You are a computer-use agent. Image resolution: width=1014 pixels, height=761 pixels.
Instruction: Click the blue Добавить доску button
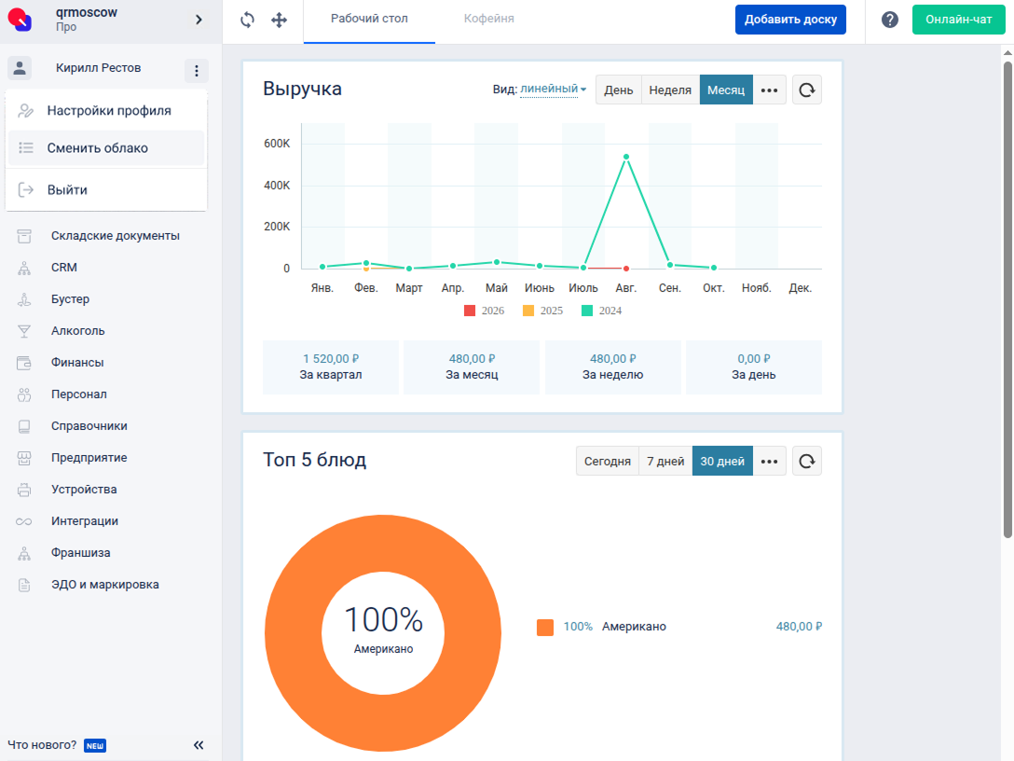click(x=790, y=20)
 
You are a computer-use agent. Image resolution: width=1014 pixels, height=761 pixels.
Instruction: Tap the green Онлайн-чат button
click(x=958, y=20)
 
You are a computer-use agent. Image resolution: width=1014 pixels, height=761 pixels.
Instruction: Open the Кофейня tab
click(x=489, y=19)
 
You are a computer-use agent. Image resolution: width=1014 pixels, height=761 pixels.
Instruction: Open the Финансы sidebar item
click(x=77, y=363)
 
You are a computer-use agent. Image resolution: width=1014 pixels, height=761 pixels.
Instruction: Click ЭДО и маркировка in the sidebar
click(x=104, y=585)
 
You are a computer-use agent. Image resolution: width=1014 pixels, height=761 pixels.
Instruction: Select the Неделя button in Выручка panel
click(x=670, y=90)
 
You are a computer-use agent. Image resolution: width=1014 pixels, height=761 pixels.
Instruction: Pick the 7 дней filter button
click(x=665, y=462)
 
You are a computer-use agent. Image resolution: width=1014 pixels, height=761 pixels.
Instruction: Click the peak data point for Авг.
click(x=626, y=157)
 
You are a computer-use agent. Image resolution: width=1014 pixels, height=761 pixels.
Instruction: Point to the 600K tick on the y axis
click(x=277, y=144)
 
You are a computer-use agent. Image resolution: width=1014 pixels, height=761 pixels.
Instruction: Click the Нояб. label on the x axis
click(x=757, y=288)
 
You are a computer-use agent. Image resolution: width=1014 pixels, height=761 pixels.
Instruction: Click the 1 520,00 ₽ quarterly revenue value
click(x=331, y=358)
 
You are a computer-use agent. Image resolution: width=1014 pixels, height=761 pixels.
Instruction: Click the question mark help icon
click(x=890, y=20)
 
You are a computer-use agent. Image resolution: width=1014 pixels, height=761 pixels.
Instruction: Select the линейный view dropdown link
click(x=553, y=90)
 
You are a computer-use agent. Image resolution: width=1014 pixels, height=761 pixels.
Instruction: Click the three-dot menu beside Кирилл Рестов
click(x=197, y=71)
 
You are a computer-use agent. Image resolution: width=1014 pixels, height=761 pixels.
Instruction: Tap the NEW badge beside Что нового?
click(x=95, y=745)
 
